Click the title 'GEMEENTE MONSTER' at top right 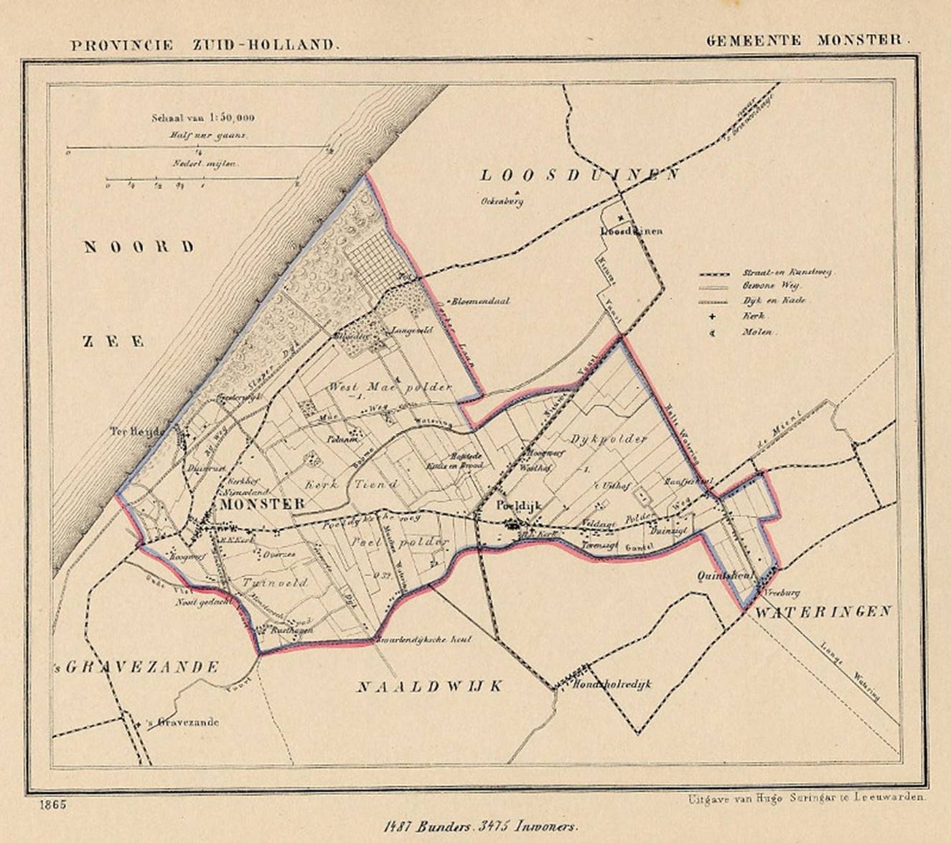pyautogui.click(x=807, y=40)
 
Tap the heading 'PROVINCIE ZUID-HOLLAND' pyautogui.click(x=203, y=44)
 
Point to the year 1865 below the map pyautogui.click(x=54, y=805)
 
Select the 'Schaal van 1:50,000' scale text pyautogui.click(x=202, y=118)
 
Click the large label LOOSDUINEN pyautogui.click(x=579, y=175)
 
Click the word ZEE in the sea pyautogui.click(x=113, y=342)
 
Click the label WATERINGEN pyautogui.click(x=822, y=611)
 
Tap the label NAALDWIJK pyautogui.click(x=429, y=687)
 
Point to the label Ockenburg pyautogui.click(x=502, y=202)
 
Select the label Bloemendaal pyautogui.click(x=480, y=302)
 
